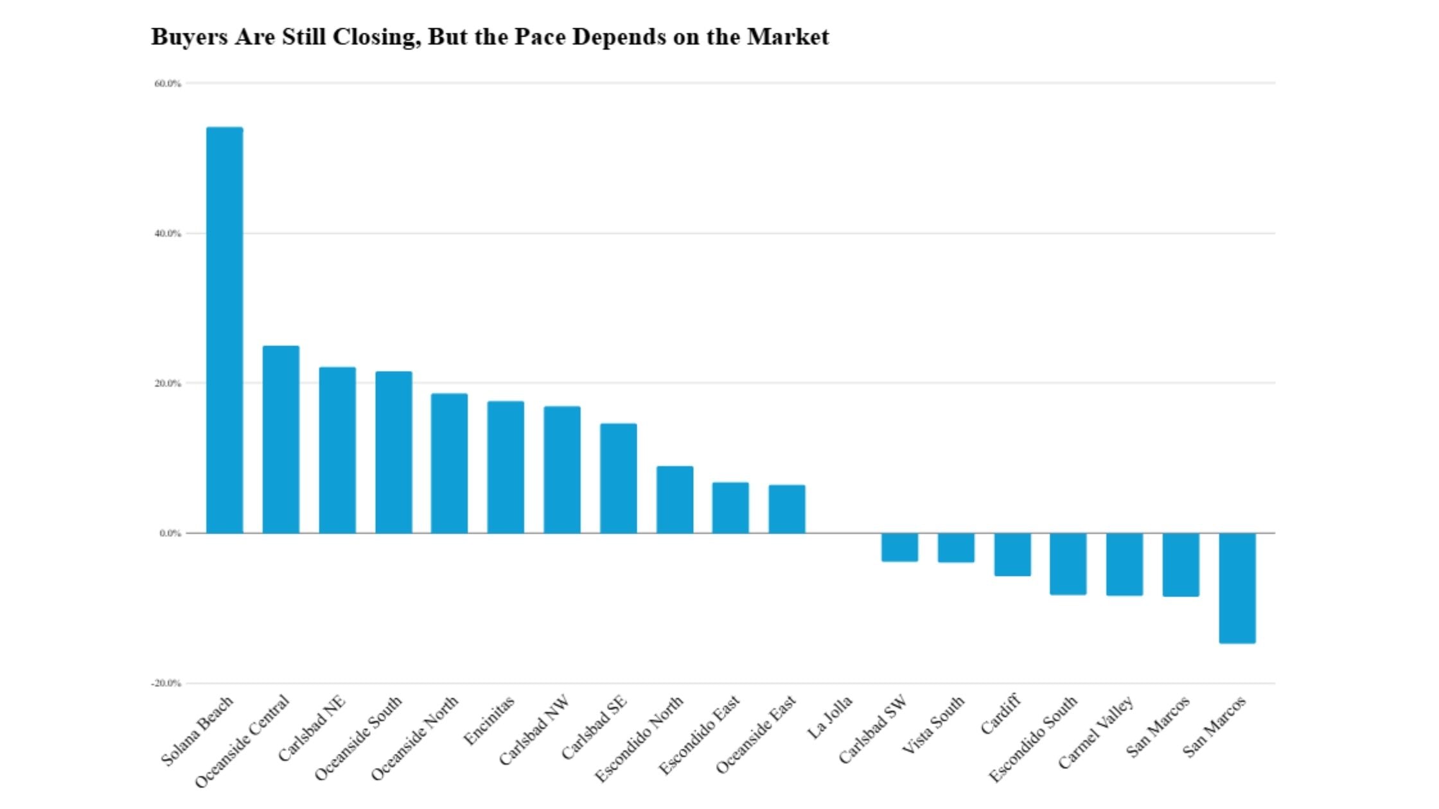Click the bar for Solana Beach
224,330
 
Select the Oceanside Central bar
281,439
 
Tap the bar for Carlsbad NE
337,450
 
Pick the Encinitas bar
506,467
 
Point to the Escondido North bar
675,500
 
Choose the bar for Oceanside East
787,509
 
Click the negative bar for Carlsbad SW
899,547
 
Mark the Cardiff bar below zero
1012,554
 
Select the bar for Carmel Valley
1124,564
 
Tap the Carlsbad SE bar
619,478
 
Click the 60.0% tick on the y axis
168,83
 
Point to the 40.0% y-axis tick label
168,234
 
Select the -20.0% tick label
166,683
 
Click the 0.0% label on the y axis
170,534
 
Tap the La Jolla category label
830,717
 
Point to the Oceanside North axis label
415,738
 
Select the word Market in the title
788,37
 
